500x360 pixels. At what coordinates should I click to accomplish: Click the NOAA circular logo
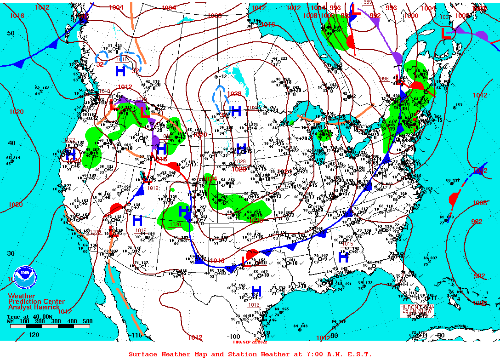(x=24, y=277)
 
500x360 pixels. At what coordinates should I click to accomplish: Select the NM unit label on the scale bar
(x=11, y=321)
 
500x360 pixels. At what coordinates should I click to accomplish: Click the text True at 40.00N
(x=27, y=316)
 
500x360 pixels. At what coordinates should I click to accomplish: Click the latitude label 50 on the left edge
(x=10, y=33)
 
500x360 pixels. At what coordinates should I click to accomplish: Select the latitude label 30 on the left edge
(x=10, y=253)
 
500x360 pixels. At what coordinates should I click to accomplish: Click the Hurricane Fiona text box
(x=417, y=310)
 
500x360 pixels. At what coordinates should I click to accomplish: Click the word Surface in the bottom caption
(x=143, y=354)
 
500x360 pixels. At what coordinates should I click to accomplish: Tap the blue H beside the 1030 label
(x=236, y=110)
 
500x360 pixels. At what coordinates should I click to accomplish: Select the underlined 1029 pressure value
(x=240, y=161)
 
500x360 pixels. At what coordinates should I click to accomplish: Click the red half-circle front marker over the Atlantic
(x=453, y=199)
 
